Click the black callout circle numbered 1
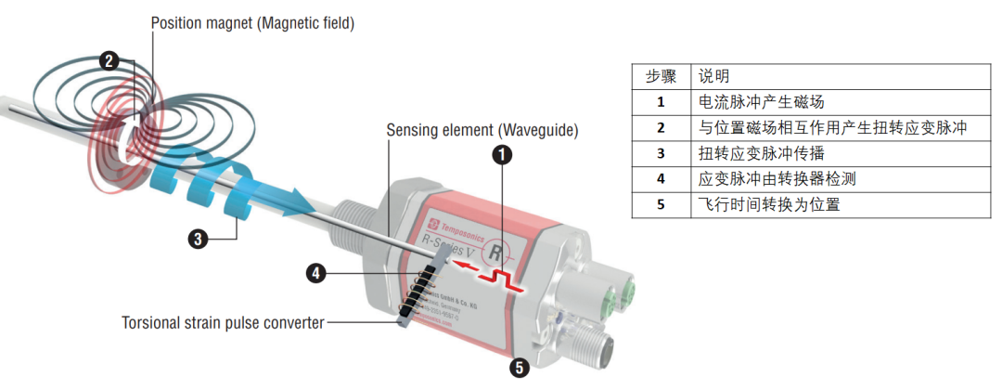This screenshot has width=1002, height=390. [x=501, y=155]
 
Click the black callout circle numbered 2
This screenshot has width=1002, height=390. [x=109, y=61]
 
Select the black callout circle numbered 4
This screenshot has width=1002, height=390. [x=317, y=273]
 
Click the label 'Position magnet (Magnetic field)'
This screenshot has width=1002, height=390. [x=252, y=23]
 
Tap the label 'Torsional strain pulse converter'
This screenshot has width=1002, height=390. [x=224, y=323]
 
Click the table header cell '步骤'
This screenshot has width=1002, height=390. [x=661, y=75]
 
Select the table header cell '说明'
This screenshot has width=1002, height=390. [x=714, y=75]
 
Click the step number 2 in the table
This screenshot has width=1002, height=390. [x=661, y=127]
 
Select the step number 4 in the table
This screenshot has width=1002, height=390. [x=661, y=178]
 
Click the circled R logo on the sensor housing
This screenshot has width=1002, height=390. [x=499, y=252]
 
